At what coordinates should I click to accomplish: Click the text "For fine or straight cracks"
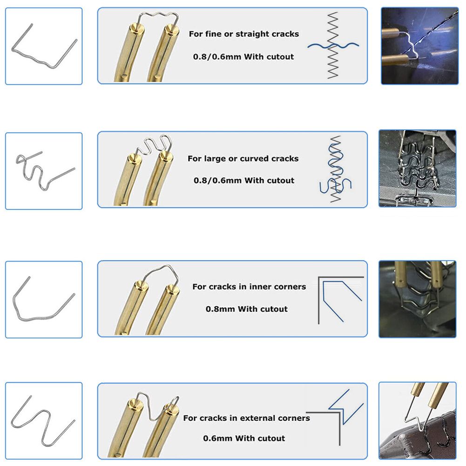click(244, 34)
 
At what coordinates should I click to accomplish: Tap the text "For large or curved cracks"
click(243, 159)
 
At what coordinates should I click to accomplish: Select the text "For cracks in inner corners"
click(249, 287)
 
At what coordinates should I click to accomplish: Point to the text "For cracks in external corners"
click(246, 418)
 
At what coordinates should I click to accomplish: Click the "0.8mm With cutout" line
click(247, 309)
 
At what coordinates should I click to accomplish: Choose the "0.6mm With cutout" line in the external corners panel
click(244, 439)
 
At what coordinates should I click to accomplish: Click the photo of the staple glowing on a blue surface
click(419, 46)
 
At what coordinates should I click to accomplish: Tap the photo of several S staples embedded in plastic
click(418, 169)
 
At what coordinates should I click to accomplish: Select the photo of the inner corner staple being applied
click(418, 299)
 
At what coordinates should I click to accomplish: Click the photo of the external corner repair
click(418, 420)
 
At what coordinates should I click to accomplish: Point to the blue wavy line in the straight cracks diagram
click(333, 46)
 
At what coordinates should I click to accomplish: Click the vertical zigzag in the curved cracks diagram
click(335, 169)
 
